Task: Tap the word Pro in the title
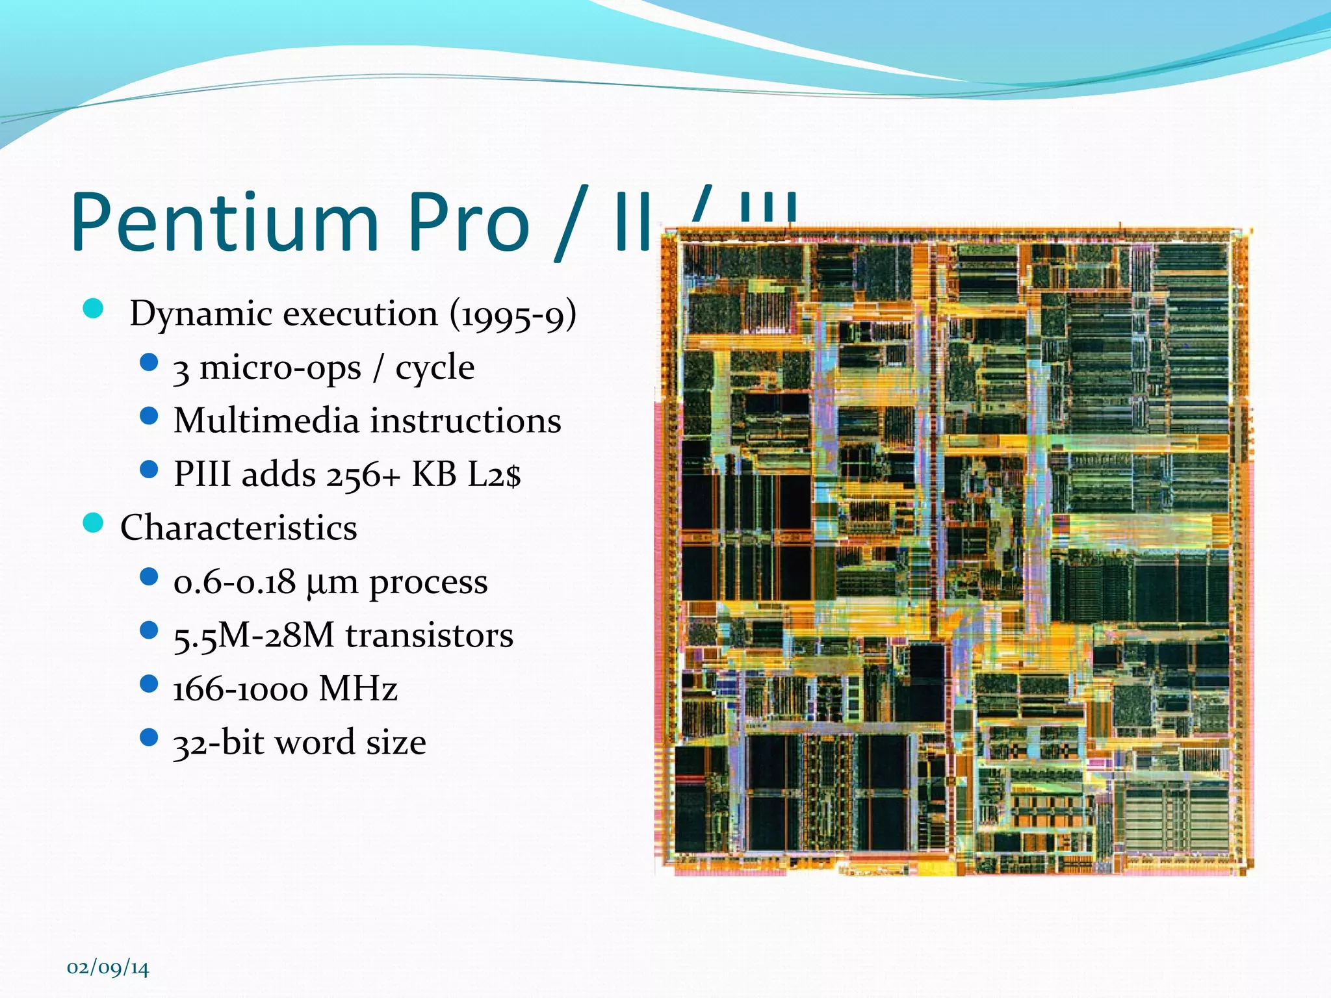(469, 223)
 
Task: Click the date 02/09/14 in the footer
(108, 967)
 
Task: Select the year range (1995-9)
(513, 314)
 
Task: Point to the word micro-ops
(279, 368)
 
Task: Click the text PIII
(202, 474)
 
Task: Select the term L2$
(495, 474)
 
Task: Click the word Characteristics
(239, 528)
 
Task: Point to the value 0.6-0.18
(234, 582)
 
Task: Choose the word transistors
(429, 635)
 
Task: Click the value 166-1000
(239, 689)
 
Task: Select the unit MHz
(358, 689)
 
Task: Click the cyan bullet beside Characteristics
(94, 522)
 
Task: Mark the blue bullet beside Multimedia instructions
(149, 415)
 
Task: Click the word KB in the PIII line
(433, 474)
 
